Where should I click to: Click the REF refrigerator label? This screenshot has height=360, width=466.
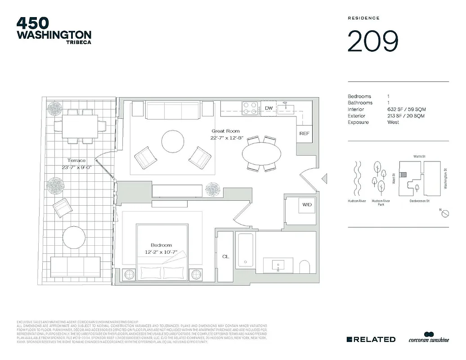point(304,134)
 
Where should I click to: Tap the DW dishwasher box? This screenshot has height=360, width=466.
point(269,108)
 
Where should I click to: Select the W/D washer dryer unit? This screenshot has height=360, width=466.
point(307,205)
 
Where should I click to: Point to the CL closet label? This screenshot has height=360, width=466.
point(225,256)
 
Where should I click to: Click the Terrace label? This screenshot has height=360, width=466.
point(76,160)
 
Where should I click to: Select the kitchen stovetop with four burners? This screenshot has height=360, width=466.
point(250,108)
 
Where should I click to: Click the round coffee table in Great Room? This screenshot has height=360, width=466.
point(173,142)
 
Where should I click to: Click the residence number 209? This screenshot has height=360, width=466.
point(373,41)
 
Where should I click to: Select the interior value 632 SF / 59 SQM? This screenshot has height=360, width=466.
point(406,109)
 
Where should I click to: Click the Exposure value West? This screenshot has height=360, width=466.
point(393,122)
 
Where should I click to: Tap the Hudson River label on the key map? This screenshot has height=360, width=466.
point(356,201)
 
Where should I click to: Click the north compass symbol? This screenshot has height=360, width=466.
point(445,214)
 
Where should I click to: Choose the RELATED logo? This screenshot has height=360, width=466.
point(371,339)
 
